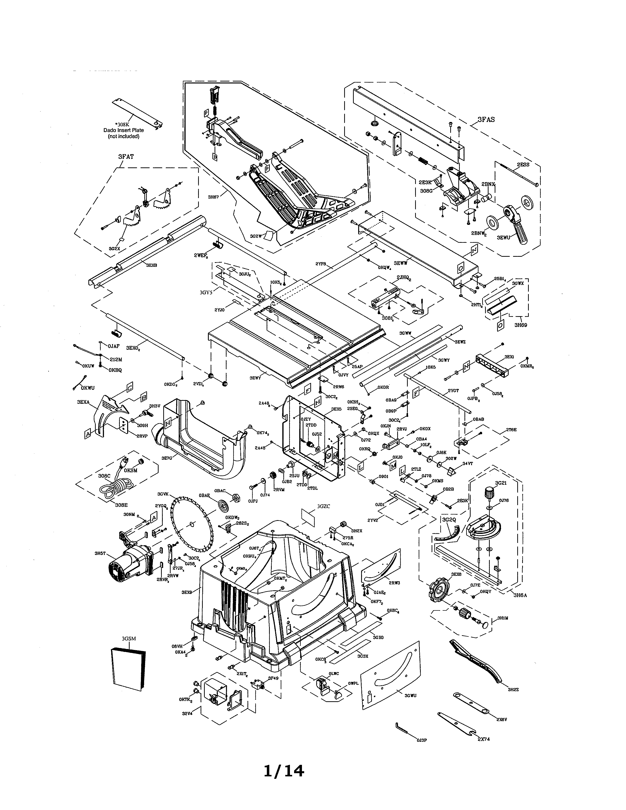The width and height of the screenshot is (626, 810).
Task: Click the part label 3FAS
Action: pos(486,120)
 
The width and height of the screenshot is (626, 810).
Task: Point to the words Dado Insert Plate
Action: pos(123,130)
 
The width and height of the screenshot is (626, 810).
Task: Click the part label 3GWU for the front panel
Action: pos(410,695)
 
